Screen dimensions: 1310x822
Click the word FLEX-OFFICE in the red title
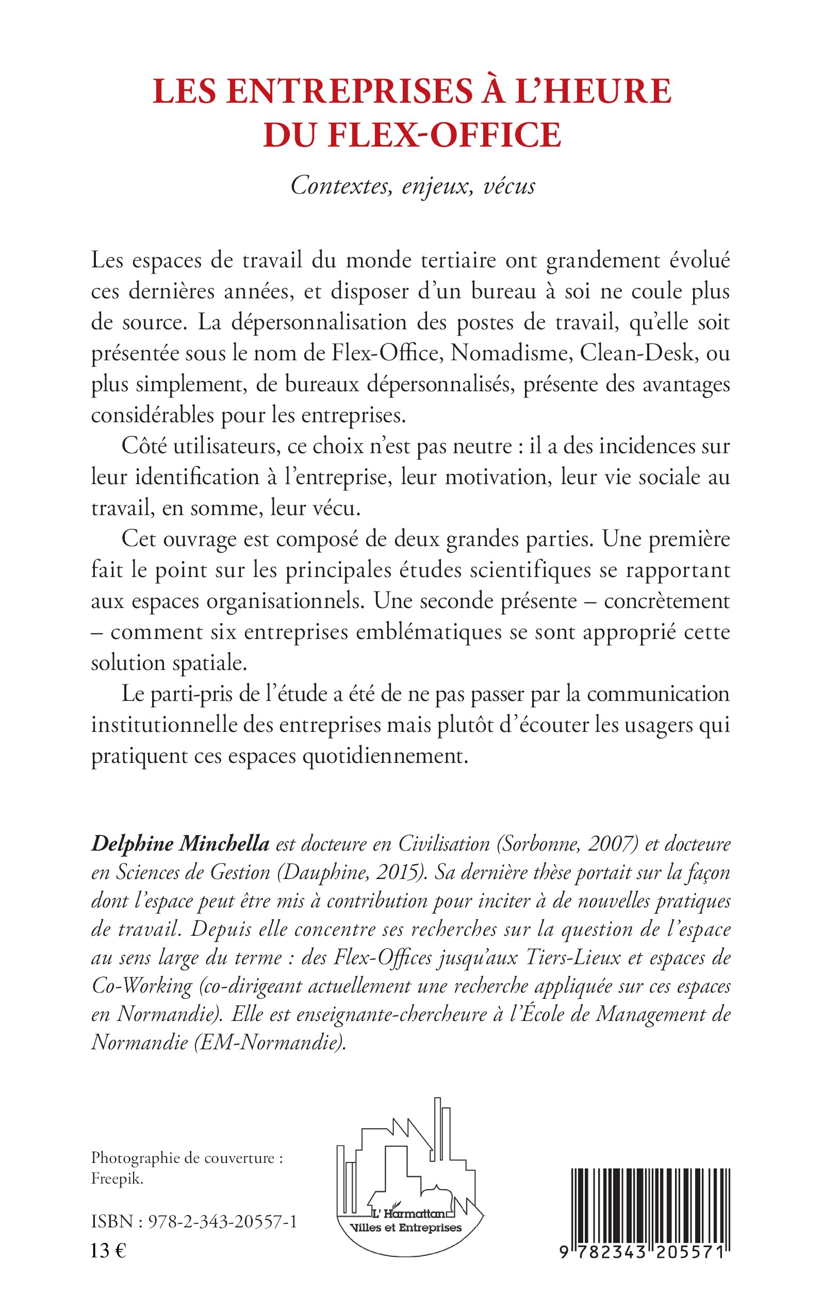tap(444, 135)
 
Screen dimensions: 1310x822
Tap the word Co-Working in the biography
tap(141, 985)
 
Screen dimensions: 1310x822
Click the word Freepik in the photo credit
tap(117, 1179)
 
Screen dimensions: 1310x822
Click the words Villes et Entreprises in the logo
tap(406, 1228)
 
